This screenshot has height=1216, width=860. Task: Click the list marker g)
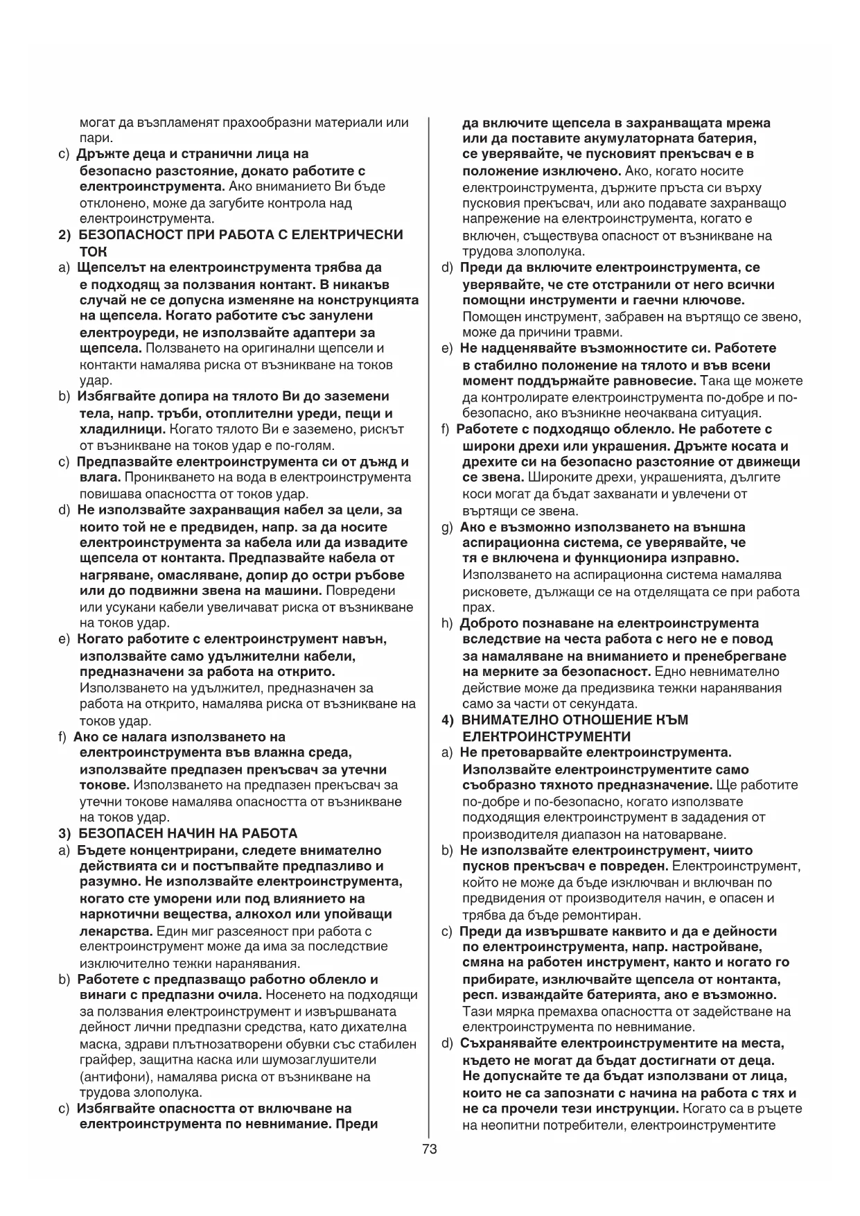pyautogui.click(x=448, y=527)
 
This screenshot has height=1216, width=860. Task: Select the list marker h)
pyautogui.click(x=448, y=623)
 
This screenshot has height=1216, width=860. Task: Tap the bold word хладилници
pyautogui.click(x=114, y=429)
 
